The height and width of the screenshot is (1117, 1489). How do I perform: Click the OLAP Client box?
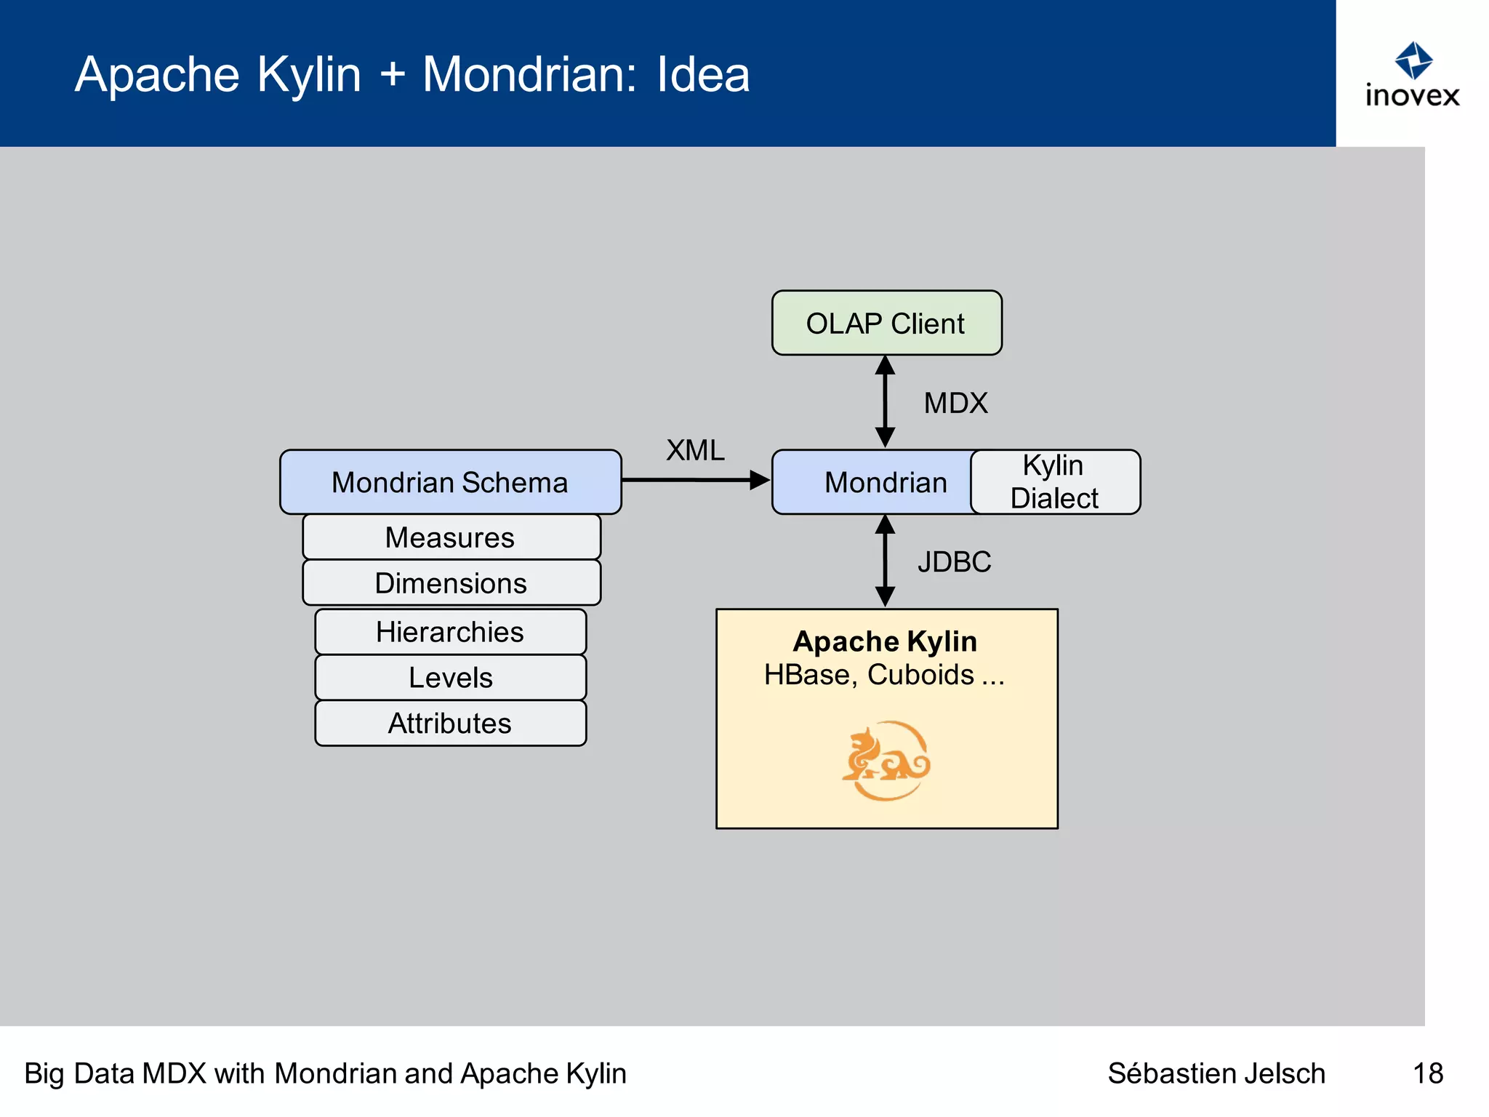coord(886,323)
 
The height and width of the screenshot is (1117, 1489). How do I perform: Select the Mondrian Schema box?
coord(450,482)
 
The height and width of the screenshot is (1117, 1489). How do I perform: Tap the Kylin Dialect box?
coord(1054,481)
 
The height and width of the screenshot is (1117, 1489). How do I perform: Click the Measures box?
coord(451,537)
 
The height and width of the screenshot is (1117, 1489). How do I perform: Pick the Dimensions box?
coord(451,582)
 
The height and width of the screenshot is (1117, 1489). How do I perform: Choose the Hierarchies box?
coord(450,631)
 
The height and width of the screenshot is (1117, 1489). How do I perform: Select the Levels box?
coord(450,677)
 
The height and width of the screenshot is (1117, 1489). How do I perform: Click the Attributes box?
coord(450,723)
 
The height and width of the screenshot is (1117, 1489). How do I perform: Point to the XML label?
coord(695,450)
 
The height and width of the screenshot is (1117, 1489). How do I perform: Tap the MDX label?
coord(955,403)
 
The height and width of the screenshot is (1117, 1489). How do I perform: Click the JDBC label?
coord(954,561)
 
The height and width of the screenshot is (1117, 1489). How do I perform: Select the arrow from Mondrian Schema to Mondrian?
coord(694,480)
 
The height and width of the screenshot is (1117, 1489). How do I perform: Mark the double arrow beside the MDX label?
coord(885,401)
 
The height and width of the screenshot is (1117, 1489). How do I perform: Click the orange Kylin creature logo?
coord(886,760)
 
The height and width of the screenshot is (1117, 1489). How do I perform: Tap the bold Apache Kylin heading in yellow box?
coord(885,641)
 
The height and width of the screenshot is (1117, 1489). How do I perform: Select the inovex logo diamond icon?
coord(1413,60)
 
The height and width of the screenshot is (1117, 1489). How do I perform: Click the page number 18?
coord(1427,1073)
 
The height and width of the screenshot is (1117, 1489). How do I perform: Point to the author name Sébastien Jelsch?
coord(1216,1073)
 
